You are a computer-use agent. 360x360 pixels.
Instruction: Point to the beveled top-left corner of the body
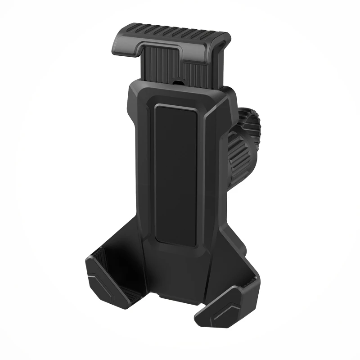[x=133, y=90]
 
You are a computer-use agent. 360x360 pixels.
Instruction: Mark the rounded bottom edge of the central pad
[x=177, y=243]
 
